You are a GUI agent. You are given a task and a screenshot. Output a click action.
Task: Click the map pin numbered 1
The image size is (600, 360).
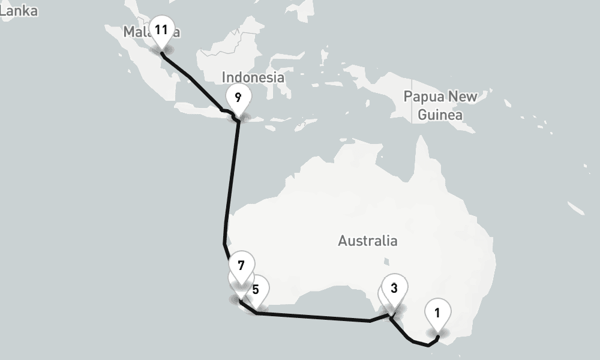click(437, 313)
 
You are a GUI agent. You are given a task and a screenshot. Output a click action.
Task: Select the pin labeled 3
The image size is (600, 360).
click(394, 287)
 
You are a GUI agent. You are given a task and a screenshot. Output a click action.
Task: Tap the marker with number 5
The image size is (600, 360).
click(256, 289)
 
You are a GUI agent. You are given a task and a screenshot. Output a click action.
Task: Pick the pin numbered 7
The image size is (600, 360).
click(241, 265)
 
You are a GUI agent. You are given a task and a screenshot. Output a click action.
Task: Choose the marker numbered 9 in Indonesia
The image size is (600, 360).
click(238, 97)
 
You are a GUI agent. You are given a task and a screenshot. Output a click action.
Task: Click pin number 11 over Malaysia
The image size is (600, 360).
click(160, 29)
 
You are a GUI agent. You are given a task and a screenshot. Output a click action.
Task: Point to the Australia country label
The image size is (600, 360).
click(367, 241)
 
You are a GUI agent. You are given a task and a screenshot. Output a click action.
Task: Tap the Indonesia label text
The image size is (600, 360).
click(253, 77)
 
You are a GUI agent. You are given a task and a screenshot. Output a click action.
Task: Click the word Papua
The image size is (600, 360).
click(424, 97)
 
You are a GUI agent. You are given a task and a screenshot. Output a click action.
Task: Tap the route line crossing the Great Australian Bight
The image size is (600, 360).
click(312, 317)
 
